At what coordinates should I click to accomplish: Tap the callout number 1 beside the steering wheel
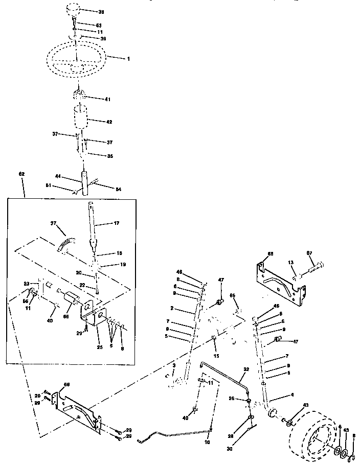[128, 59]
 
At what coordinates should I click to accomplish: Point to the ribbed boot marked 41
[80, 95]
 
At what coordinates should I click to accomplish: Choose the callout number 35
[109, 156]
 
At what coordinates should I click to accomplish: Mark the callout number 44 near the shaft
[58, 176]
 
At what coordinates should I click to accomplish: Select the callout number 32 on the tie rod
[246, 369]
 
